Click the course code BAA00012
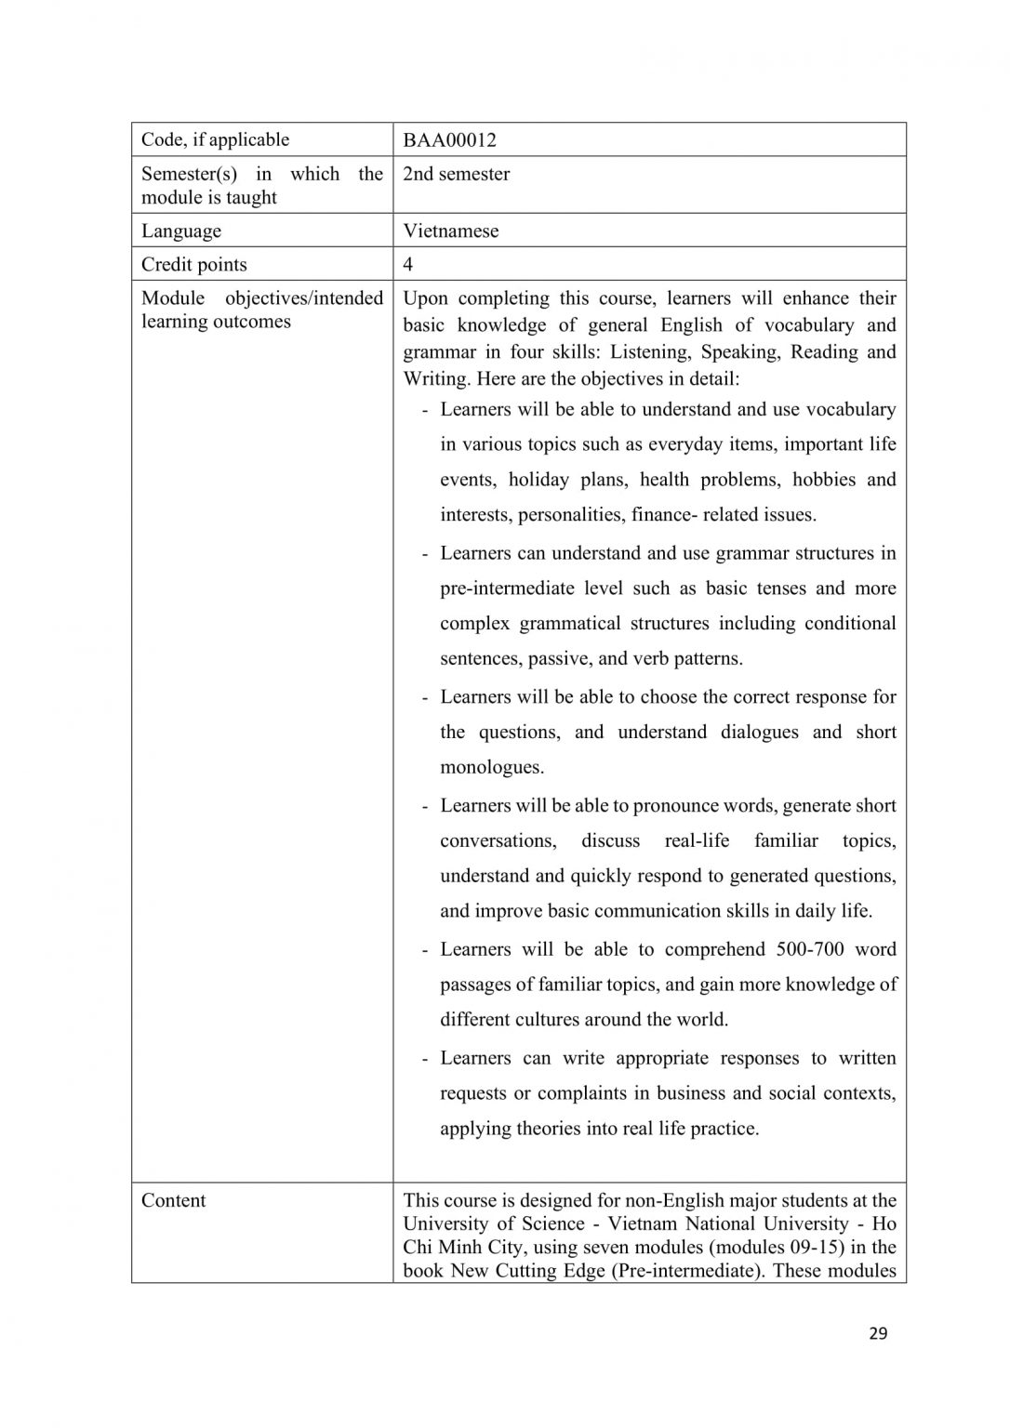tap(449, 140)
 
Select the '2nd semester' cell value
tap(456, 174)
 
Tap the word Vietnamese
tap(450, 231)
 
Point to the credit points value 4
tap(407, 265)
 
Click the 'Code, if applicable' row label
tap(215, 140)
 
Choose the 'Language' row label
tap(181, 231)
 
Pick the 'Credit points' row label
tap(194, 265)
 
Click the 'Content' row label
tap(174, 1200)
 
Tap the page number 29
tap(878, 1334)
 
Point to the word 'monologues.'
tap(492, 767)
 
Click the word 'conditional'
tap(850, 623)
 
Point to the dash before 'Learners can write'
tap(425, 1059)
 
